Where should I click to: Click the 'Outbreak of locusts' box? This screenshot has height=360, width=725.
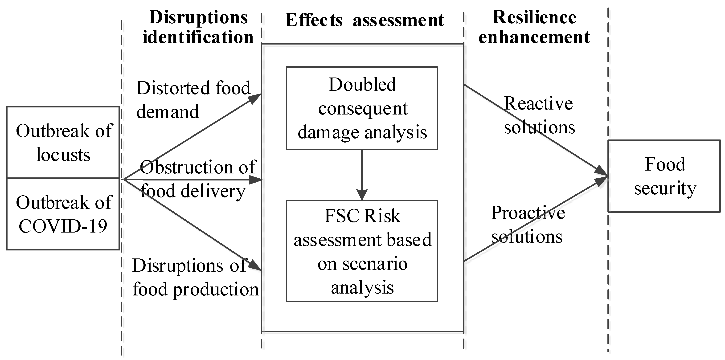pyautogui.click(x=63, y=143)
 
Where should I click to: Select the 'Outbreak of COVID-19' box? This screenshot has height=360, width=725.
pyautogui.click(x=63, y=214)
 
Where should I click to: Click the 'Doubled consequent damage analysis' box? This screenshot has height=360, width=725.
pyautogui.click(x=362, y=108)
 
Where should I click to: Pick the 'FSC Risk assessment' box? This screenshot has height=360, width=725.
pyautogui.click(x=362, y=251)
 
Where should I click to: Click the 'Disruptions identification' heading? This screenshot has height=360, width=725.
pyautogui.click(x=198, y=27)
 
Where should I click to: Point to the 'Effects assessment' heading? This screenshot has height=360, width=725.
pyautogui.click(x=364, y=20)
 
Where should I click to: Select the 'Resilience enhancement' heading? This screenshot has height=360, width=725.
pyautogui.click(x=534, y=27)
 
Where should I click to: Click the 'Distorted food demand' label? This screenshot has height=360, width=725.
pyautogui.click(x=193, y=100)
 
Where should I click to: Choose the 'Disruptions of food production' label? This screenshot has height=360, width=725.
pyautogui.click(x=195, y=277)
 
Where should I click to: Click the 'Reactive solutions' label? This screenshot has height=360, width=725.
pyautogui.click(x=539, y=115)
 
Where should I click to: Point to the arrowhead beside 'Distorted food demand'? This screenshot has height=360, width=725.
pyautogui.click(x=255, y=98)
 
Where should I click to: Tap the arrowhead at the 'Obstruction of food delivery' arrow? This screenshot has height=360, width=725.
pyautogui.click(x=256, y=180)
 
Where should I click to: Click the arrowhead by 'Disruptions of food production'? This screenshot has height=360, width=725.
pyautogui.click(x=255, y=266)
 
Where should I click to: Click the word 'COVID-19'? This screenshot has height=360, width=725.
pyautogui.click(x=63, y=226)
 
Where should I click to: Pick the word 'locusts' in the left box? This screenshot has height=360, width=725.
pyautogui.click(x=63, y=155)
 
